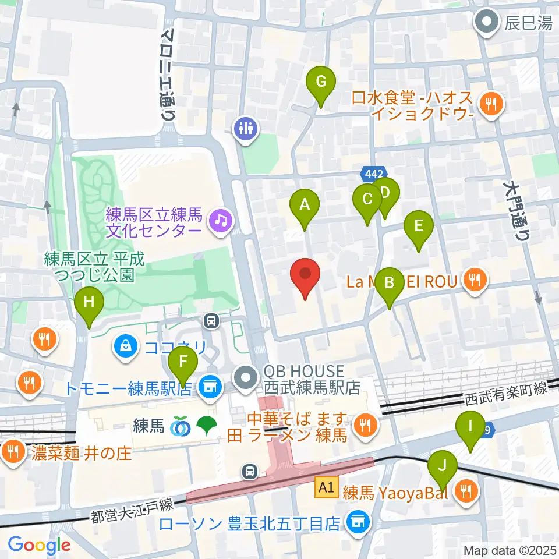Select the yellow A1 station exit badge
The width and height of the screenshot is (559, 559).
325,488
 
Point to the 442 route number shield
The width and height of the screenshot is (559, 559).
371,174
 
